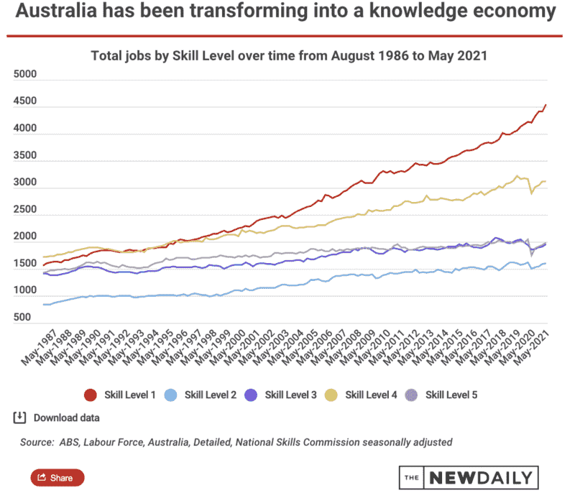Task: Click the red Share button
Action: click(x=57, y=477)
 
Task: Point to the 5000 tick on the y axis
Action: click(x=24, y=75)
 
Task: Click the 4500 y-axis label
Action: click(x=24, y=102)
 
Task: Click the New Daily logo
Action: click(x=467, y=477)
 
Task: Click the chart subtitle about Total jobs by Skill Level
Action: click(x=287, y=56)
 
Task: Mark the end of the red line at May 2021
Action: click(x=546, y=105)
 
